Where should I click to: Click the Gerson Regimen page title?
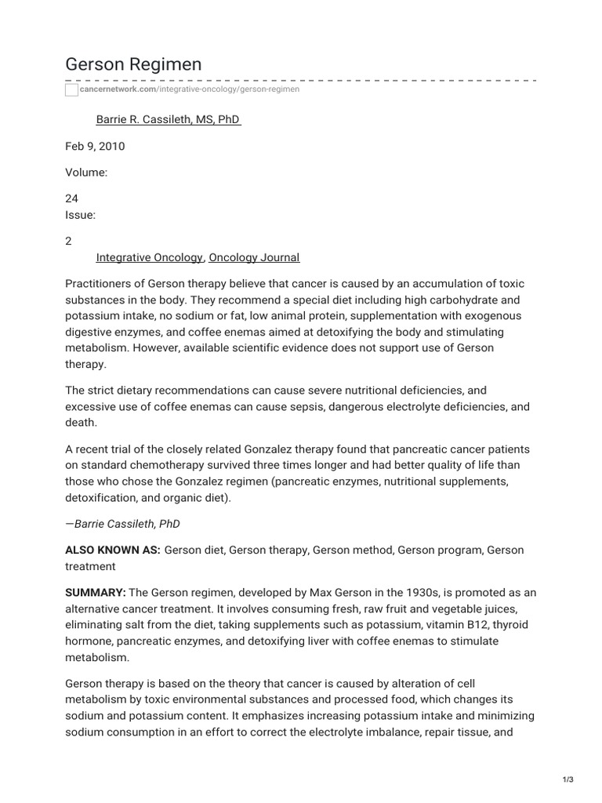pos(133,64)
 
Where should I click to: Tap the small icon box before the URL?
pos(71,90)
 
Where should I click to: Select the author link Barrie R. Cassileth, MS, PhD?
pos(168,120)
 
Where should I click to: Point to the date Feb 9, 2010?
pos(95,146)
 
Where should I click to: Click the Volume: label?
pos(85,173)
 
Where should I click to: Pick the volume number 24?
pos(71,199)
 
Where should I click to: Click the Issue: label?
pos(80,216)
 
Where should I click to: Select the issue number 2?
pos(68,242)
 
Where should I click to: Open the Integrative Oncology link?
pos(150,257)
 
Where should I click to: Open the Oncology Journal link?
pos(254,257)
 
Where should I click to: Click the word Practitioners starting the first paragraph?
pos(97,283)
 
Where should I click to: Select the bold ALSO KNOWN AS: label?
pos(113,550)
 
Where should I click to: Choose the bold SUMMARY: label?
pos(95,592)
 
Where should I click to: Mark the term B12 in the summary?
pos(450,625)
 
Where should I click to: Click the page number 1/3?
pos(568,779)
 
